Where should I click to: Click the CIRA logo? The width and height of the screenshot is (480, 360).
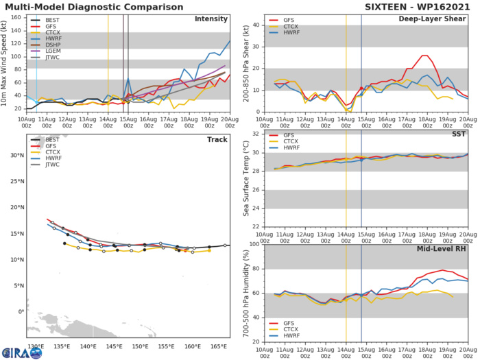tap(21, 351)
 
